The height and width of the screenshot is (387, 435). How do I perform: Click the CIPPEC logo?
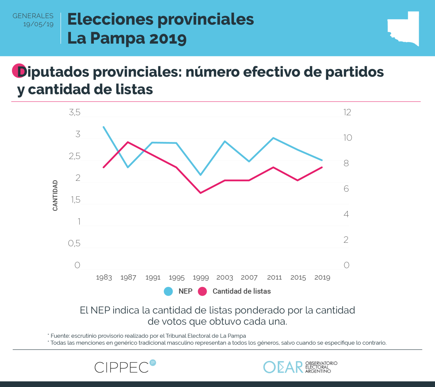tap(125, 367)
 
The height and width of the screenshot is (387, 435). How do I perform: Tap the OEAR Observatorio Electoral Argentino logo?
tap(300, 367)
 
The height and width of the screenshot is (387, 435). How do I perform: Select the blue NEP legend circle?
tap(168, 291)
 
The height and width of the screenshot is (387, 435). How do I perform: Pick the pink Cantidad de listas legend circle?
tap(202, 291)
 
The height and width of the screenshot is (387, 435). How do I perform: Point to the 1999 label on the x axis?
tap(201, 277)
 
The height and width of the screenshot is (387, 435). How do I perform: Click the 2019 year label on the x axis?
tap(322, 277)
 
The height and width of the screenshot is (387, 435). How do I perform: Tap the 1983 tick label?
tap(104, 277)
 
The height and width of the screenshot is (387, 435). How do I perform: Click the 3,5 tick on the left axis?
tap(75, 112)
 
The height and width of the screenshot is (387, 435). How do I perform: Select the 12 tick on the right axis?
tap(347, 112)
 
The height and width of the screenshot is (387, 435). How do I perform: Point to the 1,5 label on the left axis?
tap(76, 200)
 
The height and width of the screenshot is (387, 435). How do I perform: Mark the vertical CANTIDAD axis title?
tap(55, 196)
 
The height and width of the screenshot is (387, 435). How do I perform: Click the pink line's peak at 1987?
tap(128, 142)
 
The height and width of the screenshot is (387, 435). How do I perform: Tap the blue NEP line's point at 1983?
tap(104, 127)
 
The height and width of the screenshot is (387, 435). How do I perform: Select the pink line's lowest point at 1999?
tap(201, 193)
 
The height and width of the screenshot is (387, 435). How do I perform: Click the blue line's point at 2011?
tap(274, 138)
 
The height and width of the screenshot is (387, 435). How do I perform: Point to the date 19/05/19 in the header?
tap(38, 24)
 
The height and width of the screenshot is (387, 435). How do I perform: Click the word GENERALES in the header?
tap(33, 16)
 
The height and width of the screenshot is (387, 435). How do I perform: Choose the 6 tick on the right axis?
tap(346, 189)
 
